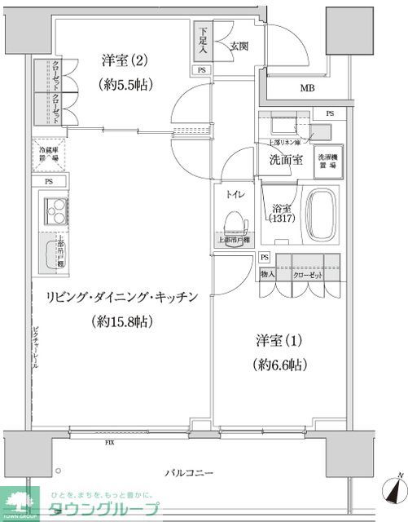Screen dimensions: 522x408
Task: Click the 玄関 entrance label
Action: (239, 46)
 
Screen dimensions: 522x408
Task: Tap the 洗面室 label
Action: (287, 159)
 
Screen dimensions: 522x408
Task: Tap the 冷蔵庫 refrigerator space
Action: (50, 155)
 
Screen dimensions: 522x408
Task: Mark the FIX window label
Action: (109, 443)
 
